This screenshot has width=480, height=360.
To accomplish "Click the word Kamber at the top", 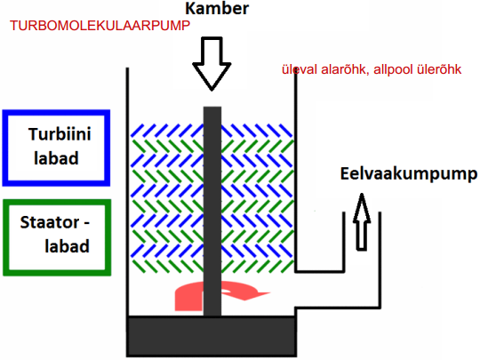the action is [x=217, y=8].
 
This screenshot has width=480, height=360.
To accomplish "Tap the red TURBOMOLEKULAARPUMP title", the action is [x=100, y=26].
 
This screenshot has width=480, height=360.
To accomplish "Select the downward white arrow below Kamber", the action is [x=212, y=64].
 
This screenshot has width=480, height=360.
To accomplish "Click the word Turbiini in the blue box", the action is [x=60, y=134].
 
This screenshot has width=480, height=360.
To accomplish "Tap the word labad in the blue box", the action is [x=56, y=158].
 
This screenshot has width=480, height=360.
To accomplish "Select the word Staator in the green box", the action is [x=50, y=222].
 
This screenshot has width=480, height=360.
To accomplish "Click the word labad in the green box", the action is [x=67, y=246].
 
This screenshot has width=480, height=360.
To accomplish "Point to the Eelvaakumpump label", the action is [x=409, y=174].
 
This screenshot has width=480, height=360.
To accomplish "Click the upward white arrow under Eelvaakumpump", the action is [x=362, y=221].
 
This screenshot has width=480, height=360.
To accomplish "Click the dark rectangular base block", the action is [x=212, y=336].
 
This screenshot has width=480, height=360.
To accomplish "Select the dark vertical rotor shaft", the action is [x=212, y=212].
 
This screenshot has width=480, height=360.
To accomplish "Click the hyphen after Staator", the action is [x=86, y=223].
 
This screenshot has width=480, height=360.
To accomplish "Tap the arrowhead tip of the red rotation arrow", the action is [x=270, y=293].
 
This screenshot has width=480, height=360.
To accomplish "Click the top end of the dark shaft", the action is [x=212, y=107].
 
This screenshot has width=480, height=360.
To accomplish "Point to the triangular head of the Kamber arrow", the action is [x=212, y=76].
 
